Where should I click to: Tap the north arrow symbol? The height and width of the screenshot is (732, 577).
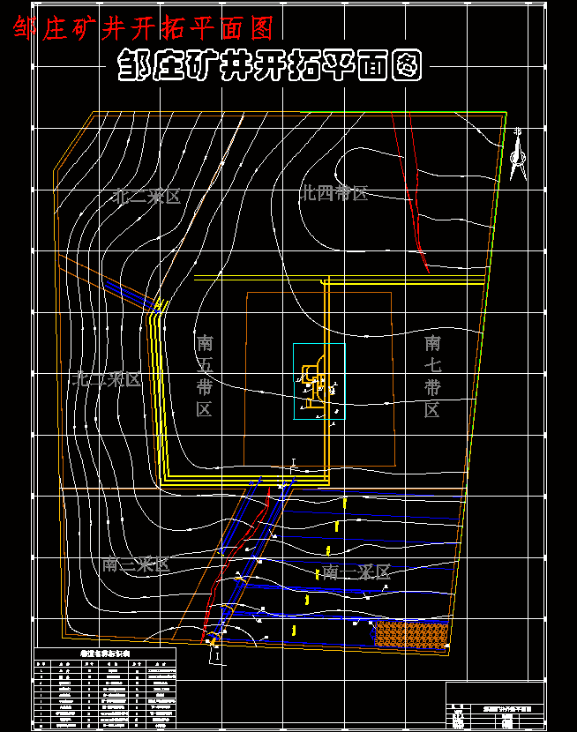[518, 160]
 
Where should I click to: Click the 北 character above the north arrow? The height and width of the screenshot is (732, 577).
[518, 134]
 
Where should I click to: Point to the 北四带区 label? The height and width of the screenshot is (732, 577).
[333, 193]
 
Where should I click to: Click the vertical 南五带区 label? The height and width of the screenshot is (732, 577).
[205, 375]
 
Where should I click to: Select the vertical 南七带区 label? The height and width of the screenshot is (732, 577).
[432, 375]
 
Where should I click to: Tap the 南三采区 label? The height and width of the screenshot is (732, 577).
[135, 564]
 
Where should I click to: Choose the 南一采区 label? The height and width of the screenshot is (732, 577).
[356, 572]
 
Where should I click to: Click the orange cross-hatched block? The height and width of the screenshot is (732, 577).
[412, 632]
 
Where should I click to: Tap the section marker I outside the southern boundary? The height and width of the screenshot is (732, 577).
[216, 656]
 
